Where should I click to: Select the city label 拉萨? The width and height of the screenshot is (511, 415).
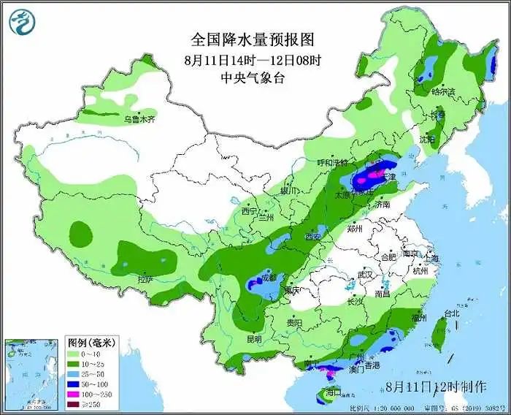click(x=145, y=279)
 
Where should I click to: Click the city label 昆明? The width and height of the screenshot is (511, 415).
click(x=253, y=339)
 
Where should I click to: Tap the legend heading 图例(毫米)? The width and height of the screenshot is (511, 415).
click(x=92, y=342)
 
